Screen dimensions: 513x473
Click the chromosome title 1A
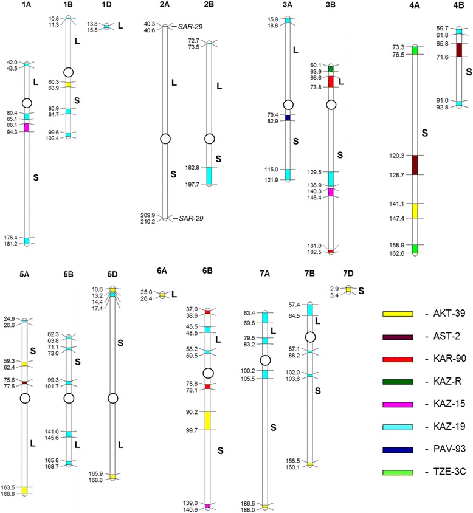[26, 5]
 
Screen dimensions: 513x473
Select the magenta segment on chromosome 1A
[26, 127]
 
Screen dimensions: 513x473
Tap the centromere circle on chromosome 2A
[165, 139]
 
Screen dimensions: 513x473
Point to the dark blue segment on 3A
[288, 117]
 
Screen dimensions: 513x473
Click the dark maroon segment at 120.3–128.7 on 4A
[415, 165]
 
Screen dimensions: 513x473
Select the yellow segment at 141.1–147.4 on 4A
[415, 210]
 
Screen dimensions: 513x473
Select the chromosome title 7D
[348, 275]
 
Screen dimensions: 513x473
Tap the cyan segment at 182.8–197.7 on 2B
[210, 175]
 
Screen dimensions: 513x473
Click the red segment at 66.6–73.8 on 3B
[331, 81]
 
